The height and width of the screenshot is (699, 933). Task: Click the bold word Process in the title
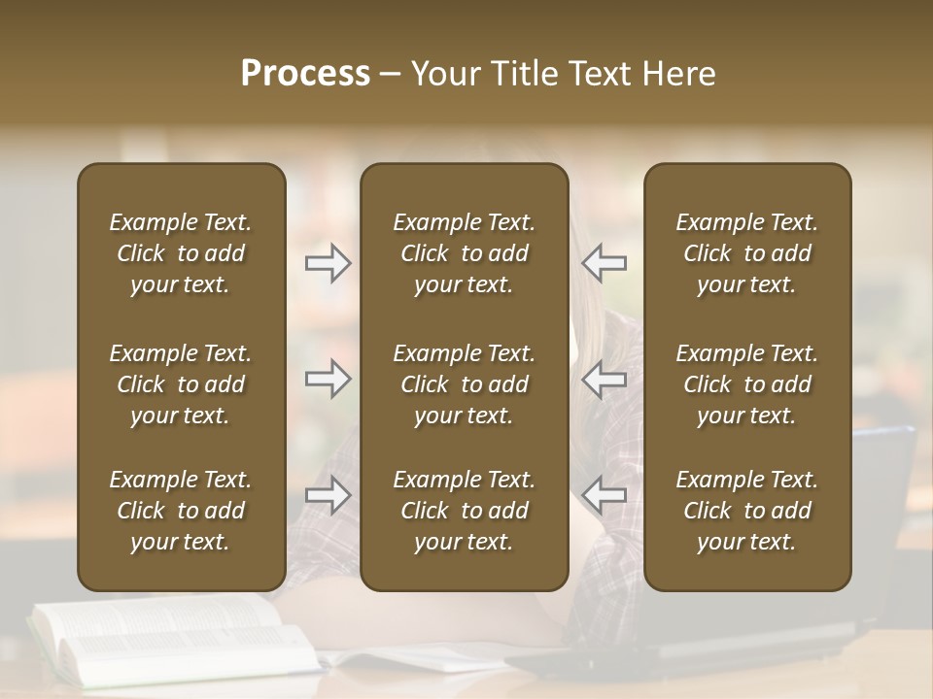coord(305,74)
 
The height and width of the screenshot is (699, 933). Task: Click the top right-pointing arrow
coord(328,263)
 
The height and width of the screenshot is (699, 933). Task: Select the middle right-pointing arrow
coord(328,379)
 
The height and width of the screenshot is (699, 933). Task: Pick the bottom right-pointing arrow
coord(328,495)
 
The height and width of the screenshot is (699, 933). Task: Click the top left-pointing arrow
coord(605,263)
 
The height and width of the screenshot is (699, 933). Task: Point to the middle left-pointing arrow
coord(605,379)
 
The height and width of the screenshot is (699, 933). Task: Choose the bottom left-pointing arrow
coord(605,495)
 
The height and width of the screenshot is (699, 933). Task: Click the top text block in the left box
coord(181,253)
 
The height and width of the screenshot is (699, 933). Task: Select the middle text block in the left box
coord(181,384)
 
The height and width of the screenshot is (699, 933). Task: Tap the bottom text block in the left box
coord(181,511)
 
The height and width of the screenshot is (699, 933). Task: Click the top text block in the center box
coord(464,253)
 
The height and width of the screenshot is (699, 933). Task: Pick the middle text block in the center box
coord(464,384)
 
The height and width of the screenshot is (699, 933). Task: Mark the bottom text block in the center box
coord(464,511)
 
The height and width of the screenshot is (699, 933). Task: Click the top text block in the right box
coord(746,253)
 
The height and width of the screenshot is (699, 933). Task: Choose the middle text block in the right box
coord(746,384)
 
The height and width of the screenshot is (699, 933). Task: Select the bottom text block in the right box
coord(746,511)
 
